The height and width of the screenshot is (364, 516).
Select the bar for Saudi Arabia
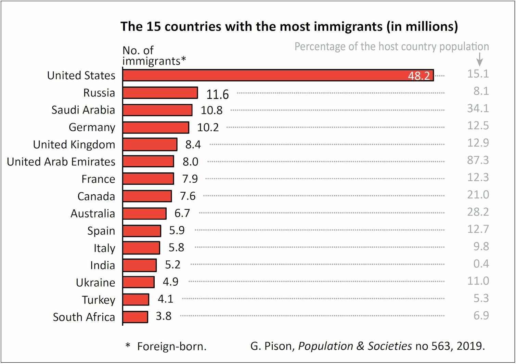pos(157,110)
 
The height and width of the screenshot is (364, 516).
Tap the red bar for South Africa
pos(136,317)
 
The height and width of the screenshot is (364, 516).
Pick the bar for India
pos(140,265)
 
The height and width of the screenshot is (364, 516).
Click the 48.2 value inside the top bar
pos(419,76)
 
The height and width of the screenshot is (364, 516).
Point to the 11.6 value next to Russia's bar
pos(217,94)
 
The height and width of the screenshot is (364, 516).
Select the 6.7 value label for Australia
pos(182,213)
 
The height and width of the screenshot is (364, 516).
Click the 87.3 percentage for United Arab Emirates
pos(478,160)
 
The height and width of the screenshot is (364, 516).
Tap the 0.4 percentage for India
pos(481,264)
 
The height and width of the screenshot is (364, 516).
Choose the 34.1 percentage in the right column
pos(478,108)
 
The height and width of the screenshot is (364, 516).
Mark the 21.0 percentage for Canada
pos(478,195)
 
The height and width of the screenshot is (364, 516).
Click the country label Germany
pos(92,127)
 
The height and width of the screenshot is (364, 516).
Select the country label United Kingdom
pos(74,145)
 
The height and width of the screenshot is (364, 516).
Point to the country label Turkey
pos(98,300)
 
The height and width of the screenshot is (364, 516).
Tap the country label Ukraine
pos(95,283)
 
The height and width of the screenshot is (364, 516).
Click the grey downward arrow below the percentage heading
pos(480,60)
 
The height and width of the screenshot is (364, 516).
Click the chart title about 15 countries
pos(289,27)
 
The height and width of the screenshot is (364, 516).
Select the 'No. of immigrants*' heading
pos(154,55)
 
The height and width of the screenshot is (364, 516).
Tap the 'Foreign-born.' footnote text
pos(172,347)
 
